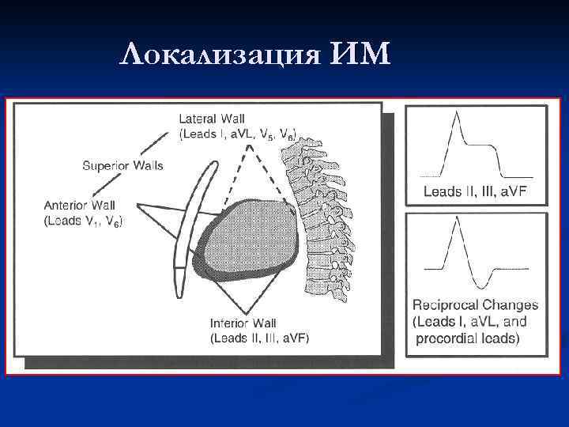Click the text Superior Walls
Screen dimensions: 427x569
click(122, 165)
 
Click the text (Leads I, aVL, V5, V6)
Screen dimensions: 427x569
click(238, 134)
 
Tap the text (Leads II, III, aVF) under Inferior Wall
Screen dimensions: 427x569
click(260, 338)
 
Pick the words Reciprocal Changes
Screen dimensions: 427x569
click(475, 305)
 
